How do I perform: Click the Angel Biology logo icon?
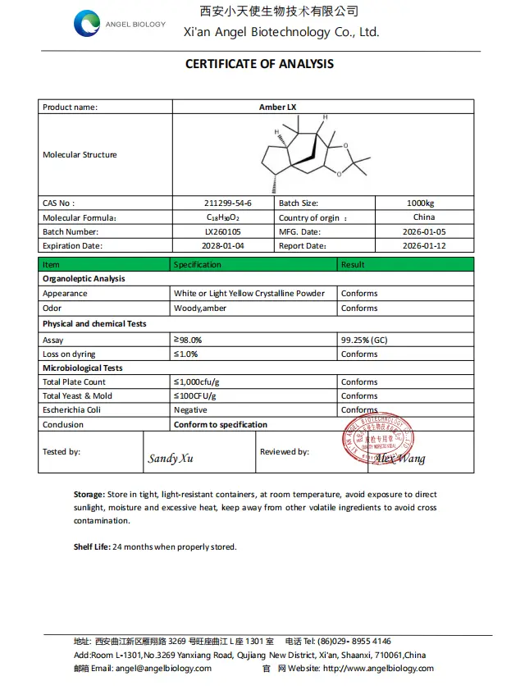(x=87, y=24)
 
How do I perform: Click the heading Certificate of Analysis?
(x=259, y=64)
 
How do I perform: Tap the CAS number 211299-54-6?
(x=227, y=203)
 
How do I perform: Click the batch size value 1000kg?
(x=423, y=203)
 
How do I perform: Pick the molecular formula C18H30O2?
(x=227, y=217)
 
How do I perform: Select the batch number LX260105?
(x=227, y=231)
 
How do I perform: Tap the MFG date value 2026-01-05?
(x=424, y=231)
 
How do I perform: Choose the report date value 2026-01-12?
(x=424, y=245)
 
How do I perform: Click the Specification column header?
(x=198, y=264)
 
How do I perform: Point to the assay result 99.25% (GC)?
(x=365, y=340)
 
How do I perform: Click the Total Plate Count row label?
(x=74, y=382)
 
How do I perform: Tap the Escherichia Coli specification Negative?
(x=190, y=409)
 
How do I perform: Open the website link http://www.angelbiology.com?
(x=378, y=668)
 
